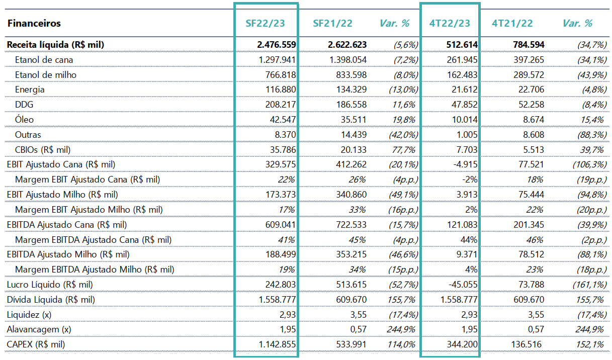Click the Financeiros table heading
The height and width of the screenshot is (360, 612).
(34, 23)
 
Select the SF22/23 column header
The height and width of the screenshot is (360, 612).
(265, 23)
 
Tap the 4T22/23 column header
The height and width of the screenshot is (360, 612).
(450, 23)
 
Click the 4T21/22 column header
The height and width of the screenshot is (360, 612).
(512, 23)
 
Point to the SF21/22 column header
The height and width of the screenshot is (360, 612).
(332, 23)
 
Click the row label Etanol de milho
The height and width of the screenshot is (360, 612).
(46, 75)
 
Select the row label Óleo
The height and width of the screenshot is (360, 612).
(24, 119)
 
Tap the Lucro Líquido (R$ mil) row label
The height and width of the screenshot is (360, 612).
(50, 285)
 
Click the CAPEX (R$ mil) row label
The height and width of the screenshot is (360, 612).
(36, 344)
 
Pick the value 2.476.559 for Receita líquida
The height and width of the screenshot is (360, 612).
(277, 45)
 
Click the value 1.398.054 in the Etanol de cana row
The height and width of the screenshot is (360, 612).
(348, 60)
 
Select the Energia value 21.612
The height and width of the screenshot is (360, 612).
(465, 89)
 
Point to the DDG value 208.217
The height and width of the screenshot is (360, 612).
(281, 105)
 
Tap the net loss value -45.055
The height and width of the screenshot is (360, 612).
(463, 285)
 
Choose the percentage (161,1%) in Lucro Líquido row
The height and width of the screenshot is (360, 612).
(589, 285)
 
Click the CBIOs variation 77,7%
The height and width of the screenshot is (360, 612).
(403, 150)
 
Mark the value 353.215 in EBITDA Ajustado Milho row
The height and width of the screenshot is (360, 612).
(352, 254)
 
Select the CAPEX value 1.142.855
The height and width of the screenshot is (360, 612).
(277, 344)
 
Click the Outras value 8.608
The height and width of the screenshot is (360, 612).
(534, 135)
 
